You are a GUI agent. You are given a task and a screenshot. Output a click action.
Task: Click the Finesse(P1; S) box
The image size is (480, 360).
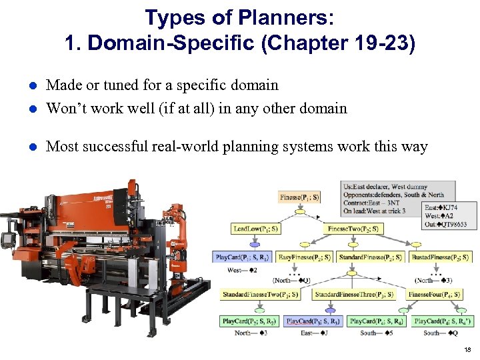tap(300, 197)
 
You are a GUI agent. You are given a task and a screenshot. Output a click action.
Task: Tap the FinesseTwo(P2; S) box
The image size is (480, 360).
tap(353, 229)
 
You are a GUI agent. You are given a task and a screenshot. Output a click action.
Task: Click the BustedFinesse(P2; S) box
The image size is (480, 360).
tap(439, 257)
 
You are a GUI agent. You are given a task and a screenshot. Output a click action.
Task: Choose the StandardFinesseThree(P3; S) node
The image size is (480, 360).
tap(353, 293)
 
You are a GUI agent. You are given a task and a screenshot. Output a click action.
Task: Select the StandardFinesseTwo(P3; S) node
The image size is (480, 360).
tap(260, 293)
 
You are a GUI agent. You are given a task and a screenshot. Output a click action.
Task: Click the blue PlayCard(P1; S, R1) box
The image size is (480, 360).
tap(242, 257)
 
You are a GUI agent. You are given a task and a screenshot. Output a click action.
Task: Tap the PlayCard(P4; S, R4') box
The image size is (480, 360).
tap(443, 321)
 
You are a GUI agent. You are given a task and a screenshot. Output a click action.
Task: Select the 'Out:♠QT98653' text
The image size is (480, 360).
tap(445, 225)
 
